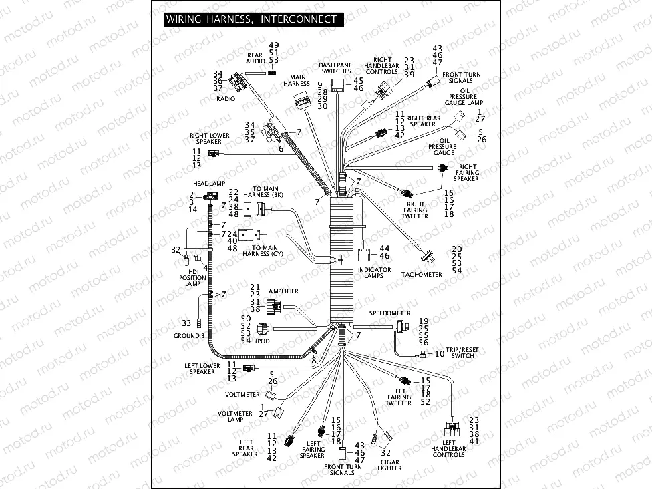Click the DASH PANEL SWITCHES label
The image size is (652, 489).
click(x=336, y=67)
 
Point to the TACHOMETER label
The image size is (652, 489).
click(x=422, y=274)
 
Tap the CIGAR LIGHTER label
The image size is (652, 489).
click(x=390, y=464)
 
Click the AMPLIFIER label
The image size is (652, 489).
click(x=283, y=291)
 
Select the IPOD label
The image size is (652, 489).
click(x=261, y=340)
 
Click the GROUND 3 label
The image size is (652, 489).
click(x=189, y=335)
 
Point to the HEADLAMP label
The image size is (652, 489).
click(x=209, y=182)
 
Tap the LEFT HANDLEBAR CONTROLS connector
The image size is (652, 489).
click(x=452, y=428)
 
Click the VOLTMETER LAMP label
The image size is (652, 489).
click(x=235, y=417)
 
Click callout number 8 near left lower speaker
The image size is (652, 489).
click(x=313, y=360)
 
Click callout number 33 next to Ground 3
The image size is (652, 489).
click(x=186, y=323)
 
